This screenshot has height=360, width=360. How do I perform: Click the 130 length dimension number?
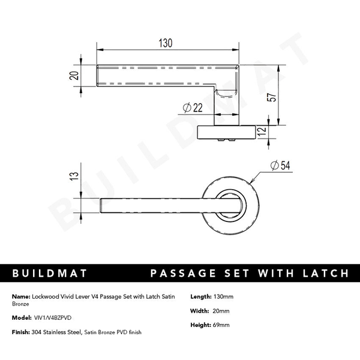[x=166, y=43]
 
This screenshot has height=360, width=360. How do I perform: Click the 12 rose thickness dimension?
[x=261, y=133]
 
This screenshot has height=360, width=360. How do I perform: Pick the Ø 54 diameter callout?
[x=280, y=166]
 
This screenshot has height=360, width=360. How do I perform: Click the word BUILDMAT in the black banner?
[x=50, y=274]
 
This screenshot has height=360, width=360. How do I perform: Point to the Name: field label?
[x=21, y=296]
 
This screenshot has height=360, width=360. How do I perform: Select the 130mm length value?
[x=223, y=296]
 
